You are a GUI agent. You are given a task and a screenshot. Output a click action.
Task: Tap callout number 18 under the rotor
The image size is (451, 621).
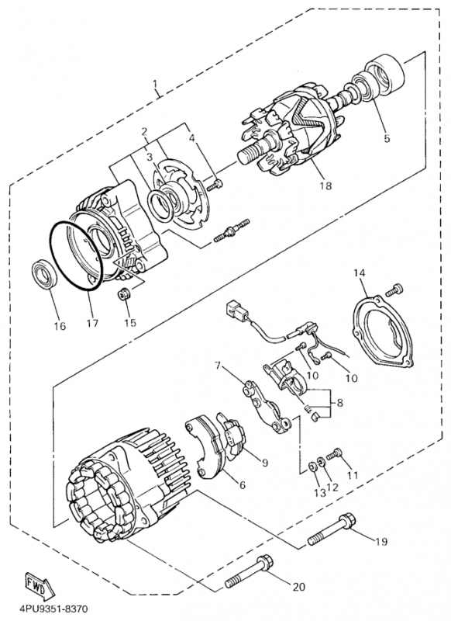pyautogui.click(x=326, y=185)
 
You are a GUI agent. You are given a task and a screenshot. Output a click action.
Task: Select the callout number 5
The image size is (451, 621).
pyautogui.click(x=387, y=138)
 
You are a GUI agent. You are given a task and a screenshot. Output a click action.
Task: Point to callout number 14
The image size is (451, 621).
pyautogui.click(x=360, y=273)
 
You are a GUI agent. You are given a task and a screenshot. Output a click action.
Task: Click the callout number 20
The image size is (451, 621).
pyautogui.click(x=298, y=586)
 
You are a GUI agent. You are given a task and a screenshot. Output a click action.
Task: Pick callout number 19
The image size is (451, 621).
pyautogui.click(x=381, y=541)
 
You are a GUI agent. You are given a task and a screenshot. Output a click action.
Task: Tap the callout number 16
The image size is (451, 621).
pyautogui.click(x=60, y=326)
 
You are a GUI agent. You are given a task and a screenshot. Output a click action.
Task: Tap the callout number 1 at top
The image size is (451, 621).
pyautogui.click(x=155, y=85)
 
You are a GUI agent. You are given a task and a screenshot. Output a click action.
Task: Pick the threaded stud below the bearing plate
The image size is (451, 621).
pyautogui.click(x=232, y=230)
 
